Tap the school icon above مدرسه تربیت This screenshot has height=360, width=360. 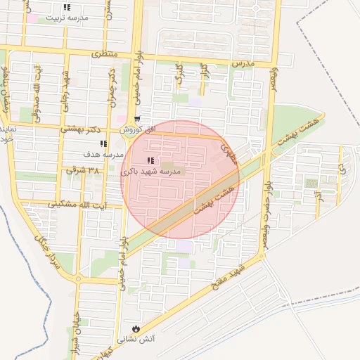click(67, 8)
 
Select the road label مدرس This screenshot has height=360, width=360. click(242, 63)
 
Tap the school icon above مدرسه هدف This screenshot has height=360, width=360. click(103, 143)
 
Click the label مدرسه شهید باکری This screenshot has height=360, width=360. click(160, 172)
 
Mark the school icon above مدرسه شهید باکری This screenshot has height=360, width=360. click(150, 162)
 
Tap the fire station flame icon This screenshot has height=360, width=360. click(136, 328)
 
